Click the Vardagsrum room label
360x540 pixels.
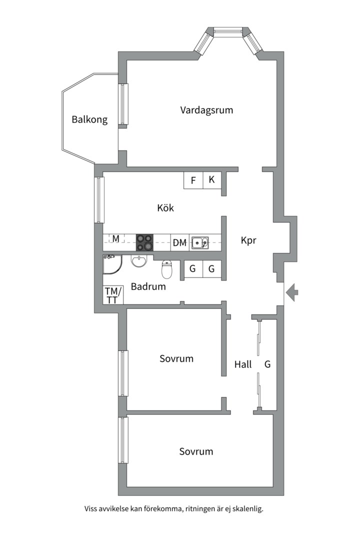[206, 110]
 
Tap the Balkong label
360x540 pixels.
[89, 120]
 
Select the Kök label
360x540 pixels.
[165, 208]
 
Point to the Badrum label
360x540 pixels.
[148, 287]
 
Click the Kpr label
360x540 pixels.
[248, 240]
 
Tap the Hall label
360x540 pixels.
[243, 364]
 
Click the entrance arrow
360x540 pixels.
[292, 290]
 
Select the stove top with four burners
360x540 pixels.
[145, 242]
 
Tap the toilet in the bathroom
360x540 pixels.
[167, 269]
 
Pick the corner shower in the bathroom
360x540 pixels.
[111, 265]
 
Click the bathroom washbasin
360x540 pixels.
[138, 260]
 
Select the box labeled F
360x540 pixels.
[193, 180]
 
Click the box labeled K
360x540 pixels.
[211, 180]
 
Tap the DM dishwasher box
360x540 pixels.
[179, 243]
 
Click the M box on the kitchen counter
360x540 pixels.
[115, 239]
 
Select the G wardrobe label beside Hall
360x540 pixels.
[267, 364]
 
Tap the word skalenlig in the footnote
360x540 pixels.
[245, 509]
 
